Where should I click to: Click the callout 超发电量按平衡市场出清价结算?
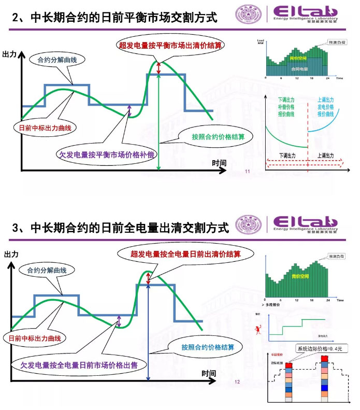171,46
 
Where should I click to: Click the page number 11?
247,171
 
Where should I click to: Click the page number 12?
238,382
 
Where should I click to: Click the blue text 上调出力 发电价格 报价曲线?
326,106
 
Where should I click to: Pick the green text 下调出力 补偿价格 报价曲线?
286,106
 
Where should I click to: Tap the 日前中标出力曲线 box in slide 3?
35,338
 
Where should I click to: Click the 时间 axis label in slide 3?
209,373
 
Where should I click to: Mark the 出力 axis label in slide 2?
9,54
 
